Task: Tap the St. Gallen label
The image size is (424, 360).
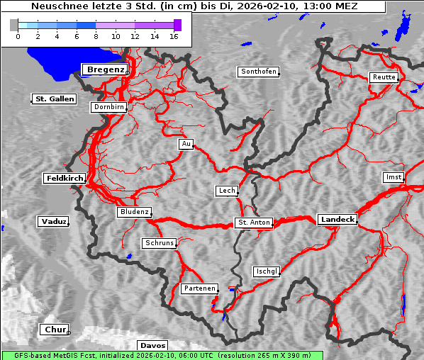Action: click(54, 99)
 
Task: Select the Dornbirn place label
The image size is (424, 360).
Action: click(109, 108)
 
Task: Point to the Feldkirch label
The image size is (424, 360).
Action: click(65, 179)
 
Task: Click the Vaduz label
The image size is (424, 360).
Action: click(54, 222)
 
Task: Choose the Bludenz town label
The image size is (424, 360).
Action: click(134, 212)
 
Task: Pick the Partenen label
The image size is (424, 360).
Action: click(199, 288)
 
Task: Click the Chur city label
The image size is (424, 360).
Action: click(54, 330)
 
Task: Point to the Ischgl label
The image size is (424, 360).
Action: click(267, 271)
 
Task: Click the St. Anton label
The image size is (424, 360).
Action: click(253, 223)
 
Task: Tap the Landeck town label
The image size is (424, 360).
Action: click(337, 220)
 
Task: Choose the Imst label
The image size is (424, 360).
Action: click(392, 176)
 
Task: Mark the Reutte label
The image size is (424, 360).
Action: click(384, 77)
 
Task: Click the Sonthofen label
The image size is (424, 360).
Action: click(258, 72)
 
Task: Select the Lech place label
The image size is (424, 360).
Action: click(227, 191)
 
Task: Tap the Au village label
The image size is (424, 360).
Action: click(186, 145)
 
